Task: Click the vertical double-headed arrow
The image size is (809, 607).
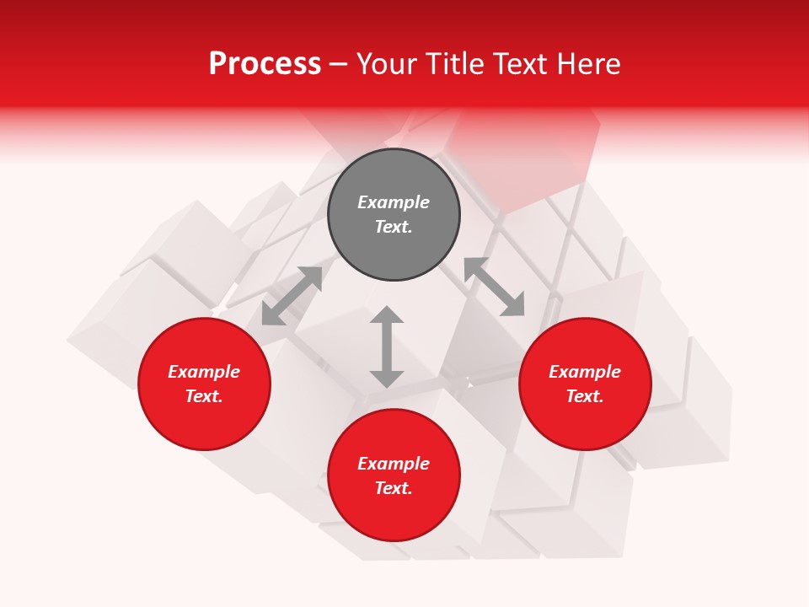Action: (387, 346)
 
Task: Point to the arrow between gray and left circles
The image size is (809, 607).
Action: (292, 296)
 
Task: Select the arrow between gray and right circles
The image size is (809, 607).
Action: (494, 287)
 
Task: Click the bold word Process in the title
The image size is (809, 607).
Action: (265, 64)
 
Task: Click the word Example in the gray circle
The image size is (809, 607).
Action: (394, 202)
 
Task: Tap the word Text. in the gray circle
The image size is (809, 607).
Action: (394, 227)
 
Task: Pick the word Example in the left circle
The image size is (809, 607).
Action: (204, 372)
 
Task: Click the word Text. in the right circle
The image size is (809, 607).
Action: (585, 396)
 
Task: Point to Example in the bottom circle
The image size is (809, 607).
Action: (394, 464)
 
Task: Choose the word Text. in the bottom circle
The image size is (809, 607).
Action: (394, 488)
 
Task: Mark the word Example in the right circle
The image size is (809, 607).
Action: (585, 372)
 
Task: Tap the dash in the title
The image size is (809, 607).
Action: (339, 64)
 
